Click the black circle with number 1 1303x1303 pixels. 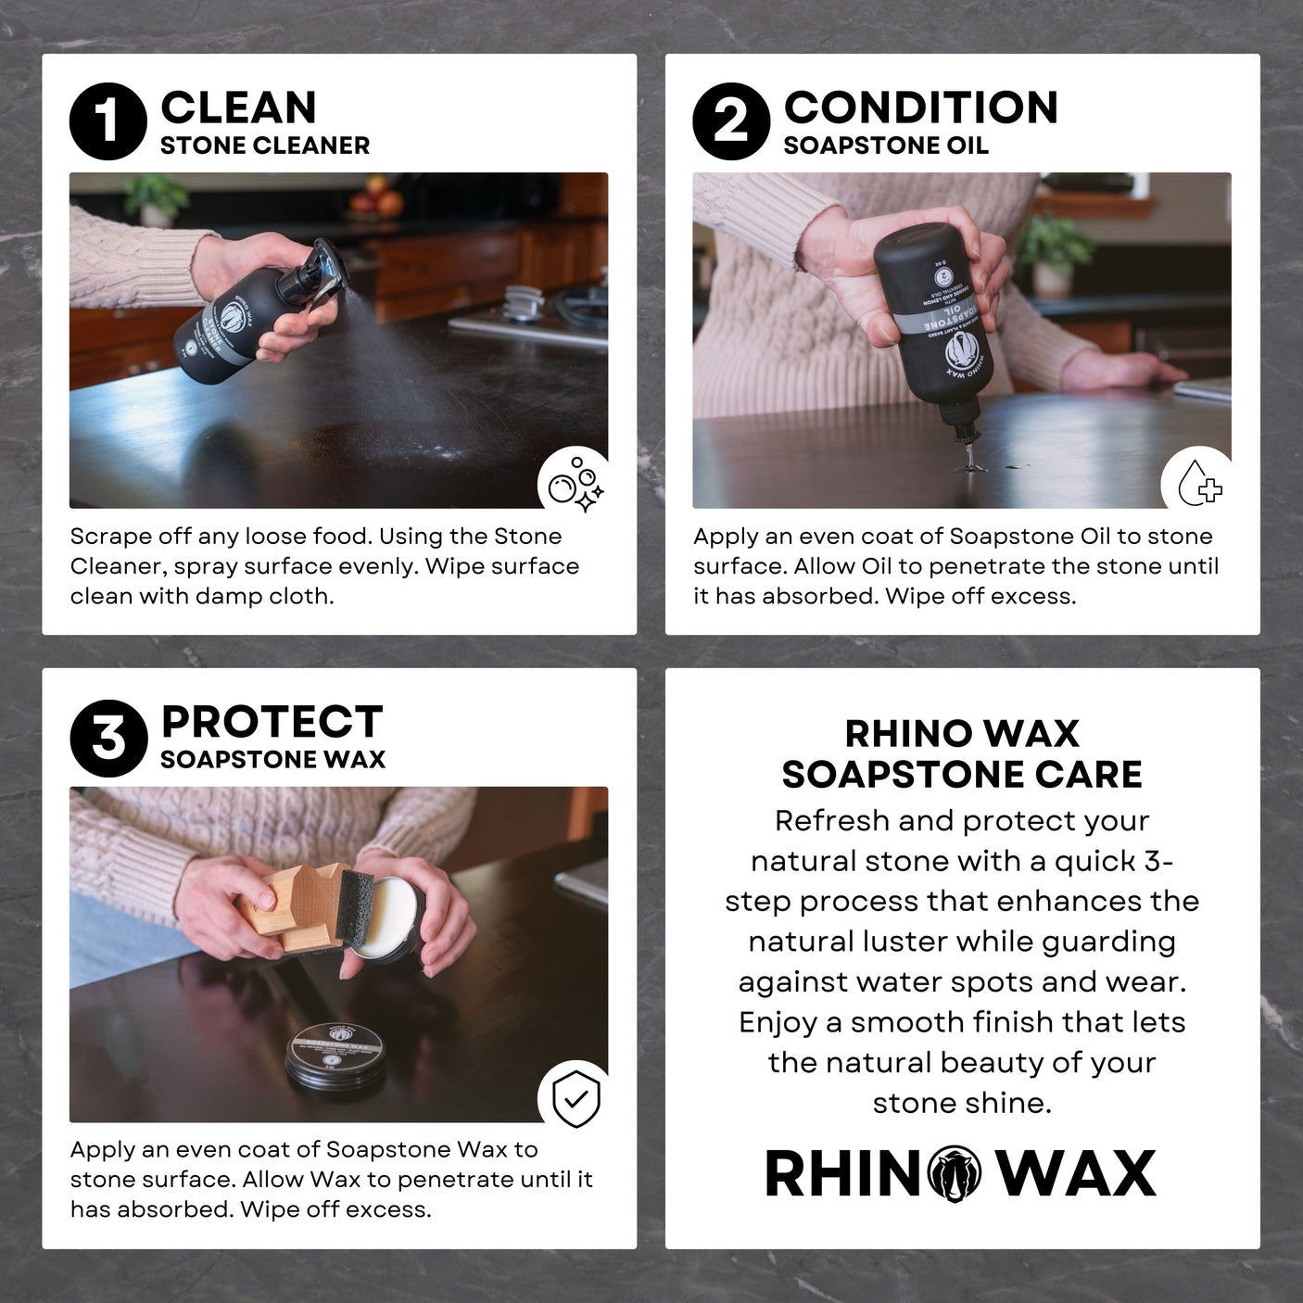coord(108,122)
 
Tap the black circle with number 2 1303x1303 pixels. coord(731,122)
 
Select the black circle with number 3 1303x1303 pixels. coord(108,739)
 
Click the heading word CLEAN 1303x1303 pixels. coord(238,108)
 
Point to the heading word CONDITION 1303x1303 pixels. coord(920,108)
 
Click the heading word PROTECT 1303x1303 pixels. coord(272,722)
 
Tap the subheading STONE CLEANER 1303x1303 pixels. coord(265,145)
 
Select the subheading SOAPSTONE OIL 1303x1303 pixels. coord(885,145)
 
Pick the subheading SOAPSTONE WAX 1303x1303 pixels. coord(272,760)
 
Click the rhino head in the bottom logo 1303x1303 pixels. coord(955,1174)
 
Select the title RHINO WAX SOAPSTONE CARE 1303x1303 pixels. coord(962,753)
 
